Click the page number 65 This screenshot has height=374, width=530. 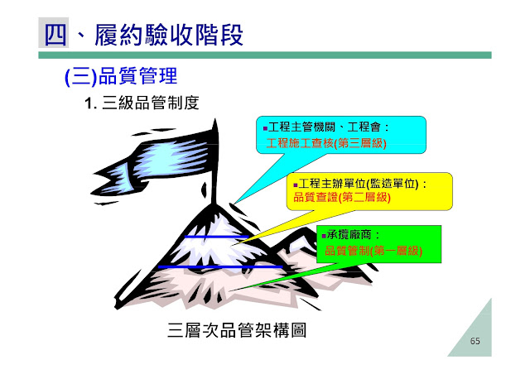475,341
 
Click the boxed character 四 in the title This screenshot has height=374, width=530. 53,34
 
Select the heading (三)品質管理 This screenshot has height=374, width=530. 121,76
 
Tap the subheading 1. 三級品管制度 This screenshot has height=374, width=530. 142,103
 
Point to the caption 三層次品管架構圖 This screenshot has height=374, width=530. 237,330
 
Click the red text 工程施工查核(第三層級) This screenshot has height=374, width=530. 326,143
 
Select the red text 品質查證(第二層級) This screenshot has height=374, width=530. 342,197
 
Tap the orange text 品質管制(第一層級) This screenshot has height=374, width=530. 373,251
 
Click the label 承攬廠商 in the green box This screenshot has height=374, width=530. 349,235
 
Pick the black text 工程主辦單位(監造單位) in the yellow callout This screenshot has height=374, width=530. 359,184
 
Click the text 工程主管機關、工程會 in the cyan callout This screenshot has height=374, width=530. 325,127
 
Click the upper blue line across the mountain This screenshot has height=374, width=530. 216,237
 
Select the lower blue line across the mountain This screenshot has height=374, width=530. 220,267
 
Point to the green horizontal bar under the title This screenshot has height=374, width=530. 265,55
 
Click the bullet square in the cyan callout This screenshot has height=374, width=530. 265,128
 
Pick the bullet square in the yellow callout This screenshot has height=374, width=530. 296,185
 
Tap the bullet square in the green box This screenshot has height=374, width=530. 324,236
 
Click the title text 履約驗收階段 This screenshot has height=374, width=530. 168,35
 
